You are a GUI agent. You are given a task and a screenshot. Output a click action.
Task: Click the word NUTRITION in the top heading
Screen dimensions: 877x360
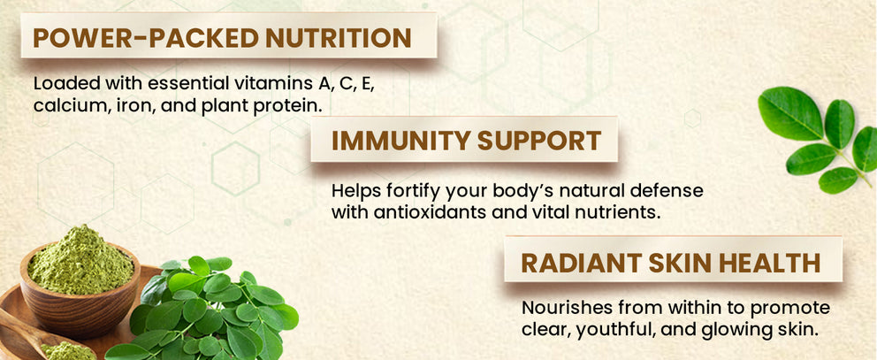tap(339, 37)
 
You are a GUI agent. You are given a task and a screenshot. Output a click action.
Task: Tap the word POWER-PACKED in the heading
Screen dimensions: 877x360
tap(146, 37)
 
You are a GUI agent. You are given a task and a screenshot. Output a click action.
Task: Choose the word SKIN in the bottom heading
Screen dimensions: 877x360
tap(675, 263)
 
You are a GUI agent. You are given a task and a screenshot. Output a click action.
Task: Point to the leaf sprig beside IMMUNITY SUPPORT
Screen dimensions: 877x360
tap(817, 140)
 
